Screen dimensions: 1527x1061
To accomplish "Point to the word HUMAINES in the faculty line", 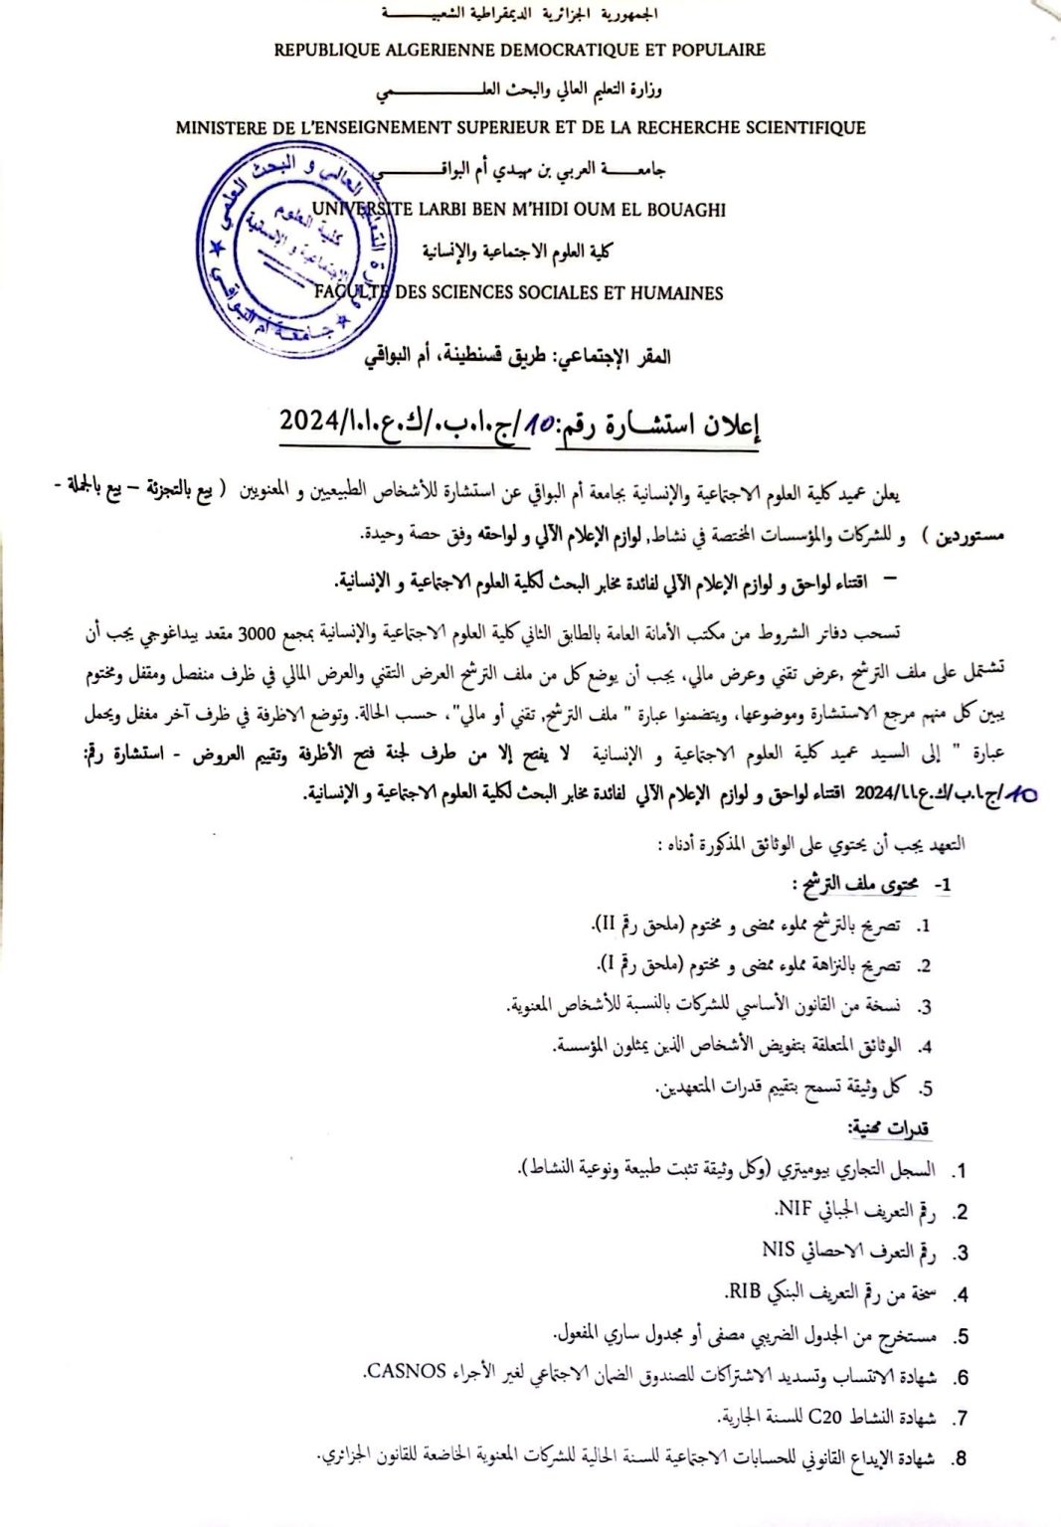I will [x=675, y=292].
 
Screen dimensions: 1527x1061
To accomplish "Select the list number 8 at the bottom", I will [x=959, y=1459].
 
